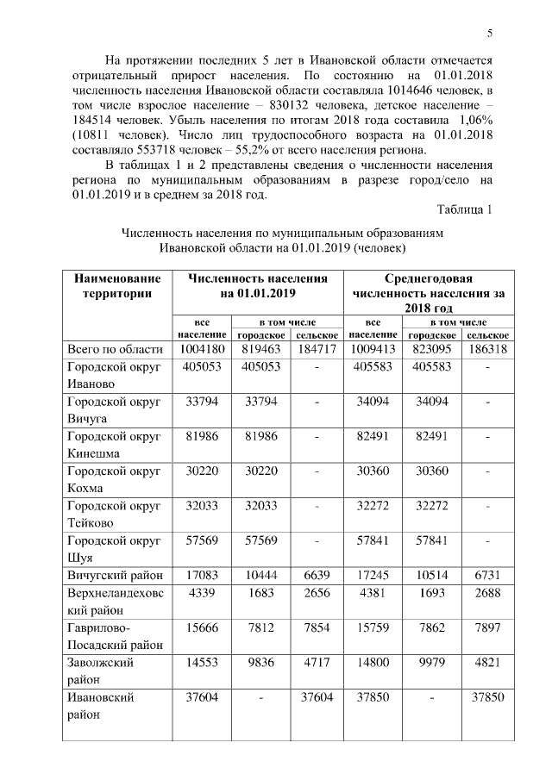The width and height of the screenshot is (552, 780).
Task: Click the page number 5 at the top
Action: [490, 34]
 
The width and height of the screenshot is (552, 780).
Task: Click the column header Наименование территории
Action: [117, 286]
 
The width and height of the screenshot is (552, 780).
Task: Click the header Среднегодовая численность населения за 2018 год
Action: [429, 293]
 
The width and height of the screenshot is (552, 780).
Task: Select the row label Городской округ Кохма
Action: [114, 478]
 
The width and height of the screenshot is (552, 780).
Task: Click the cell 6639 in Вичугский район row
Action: [317, 573]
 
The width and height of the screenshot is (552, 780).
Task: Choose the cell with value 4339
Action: [202, 594]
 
